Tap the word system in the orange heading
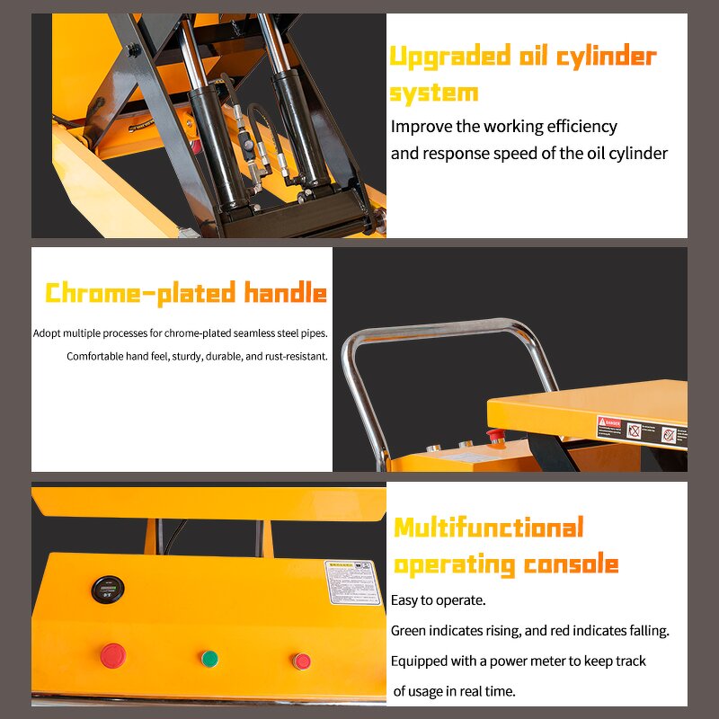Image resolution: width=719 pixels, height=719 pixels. [433, 93]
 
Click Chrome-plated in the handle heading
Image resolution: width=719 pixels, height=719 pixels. [132, 293]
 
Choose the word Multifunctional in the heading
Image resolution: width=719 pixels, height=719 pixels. [489, 528]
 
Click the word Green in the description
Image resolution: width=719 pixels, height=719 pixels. [408, 631]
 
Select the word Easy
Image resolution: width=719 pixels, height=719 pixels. [405, 600]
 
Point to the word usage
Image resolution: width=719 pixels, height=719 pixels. [431, 691]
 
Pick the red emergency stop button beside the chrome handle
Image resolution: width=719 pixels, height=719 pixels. [494, 436]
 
